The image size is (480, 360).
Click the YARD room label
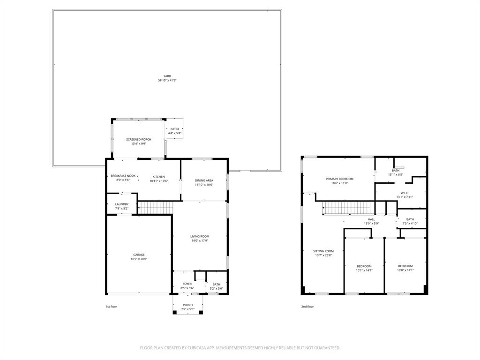[x=167, y=76]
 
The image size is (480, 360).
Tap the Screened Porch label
[x=138, y=139]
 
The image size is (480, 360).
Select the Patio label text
[x=174, y=129]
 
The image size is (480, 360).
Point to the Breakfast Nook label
[x=123, y=176]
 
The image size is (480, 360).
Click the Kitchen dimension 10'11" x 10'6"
[x=159, y=181]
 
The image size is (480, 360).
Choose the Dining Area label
[x=204, y=180]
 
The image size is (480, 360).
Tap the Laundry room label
[x=122, y=204]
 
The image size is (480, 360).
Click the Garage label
[x=139, y=255]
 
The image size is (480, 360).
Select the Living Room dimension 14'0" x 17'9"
[x=200, y=241]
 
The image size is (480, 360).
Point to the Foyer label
[x=187, y=284]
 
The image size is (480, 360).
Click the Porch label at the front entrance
[x=187, y=305]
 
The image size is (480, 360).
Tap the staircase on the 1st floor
[x=155, y=207]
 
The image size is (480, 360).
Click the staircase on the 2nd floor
[x=347, y=207]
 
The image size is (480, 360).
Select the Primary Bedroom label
[x=339, y=179]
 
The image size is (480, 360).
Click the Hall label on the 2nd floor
[x=371, y=219]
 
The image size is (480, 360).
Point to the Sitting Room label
[x=323, y=251]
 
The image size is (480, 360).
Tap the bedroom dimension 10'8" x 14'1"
[x=405, y=270]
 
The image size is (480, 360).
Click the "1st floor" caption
[x=111, y=307]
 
